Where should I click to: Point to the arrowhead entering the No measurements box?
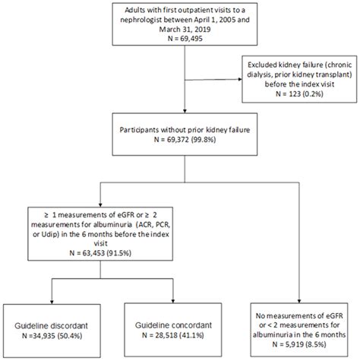301,302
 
